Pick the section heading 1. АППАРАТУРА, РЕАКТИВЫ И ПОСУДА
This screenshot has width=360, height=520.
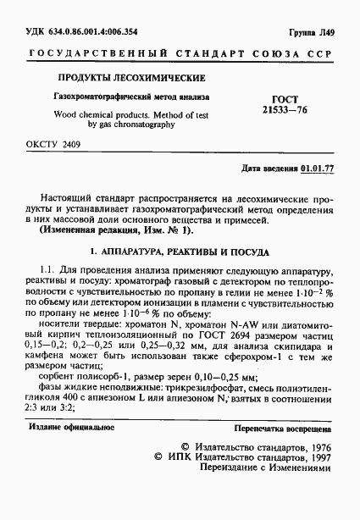[x=180, y=252]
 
